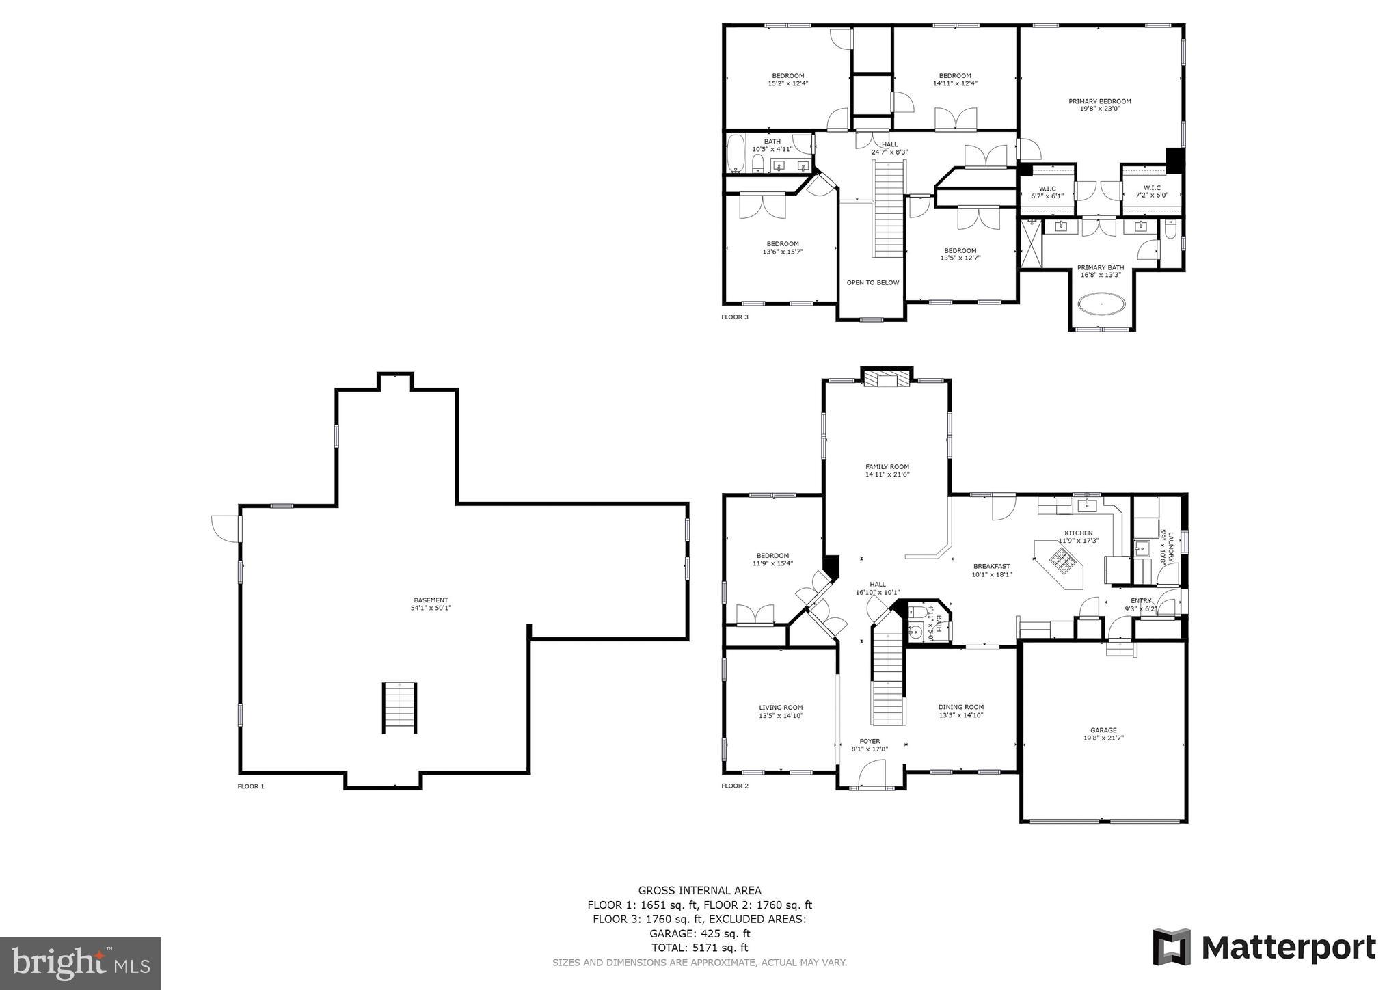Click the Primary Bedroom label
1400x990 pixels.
tap(1099, 101)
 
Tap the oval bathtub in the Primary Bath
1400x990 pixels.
tap(1101, 304)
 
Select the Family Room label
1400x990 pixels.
tap(887, 466)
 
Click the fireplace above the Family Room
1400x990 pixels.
tap(887, 379)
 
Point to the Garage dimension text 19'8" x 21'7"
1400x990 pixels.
tap(1103, 738)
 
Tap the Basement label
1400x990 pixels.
tap(431, 600)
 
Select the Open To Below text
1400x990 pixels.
tap(873, 282)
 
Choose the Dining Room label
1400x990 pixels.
tap(960, 707)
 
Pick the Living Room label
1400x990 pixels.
tap(781, 708)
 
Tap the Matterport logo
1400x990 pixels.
tap(1264, 947)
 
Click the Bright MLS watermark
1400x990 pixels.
tap(80, 963)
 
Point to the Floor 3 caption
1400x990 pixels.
tap(735, 317)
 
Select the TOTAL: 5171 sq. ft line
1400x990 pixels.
tap(699, 948)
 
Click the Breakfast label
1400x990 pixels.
tap(991, 566)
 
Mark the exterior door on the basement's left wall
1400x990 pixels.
tap(226, 527)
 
